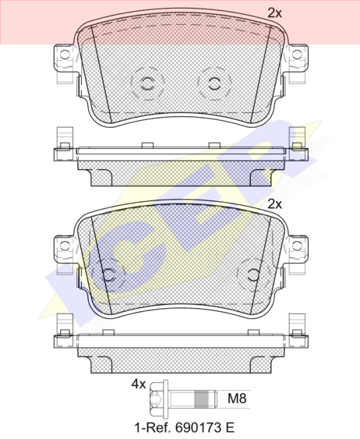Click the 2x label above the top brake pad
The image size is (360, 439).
pos(275,13)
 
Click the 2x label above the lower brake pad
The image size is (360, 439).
pos(275,204)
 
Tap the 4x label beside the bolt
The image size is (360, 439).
pos(139,384)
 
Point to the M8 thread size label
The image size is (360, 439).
pos(237,398)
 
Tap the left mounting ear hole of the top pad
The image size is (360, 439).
pos(65,55)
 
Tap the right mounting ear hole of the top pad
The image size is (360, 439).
pos(297,55)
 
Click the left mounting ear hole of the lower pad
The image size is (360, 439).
pos(65,246)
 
